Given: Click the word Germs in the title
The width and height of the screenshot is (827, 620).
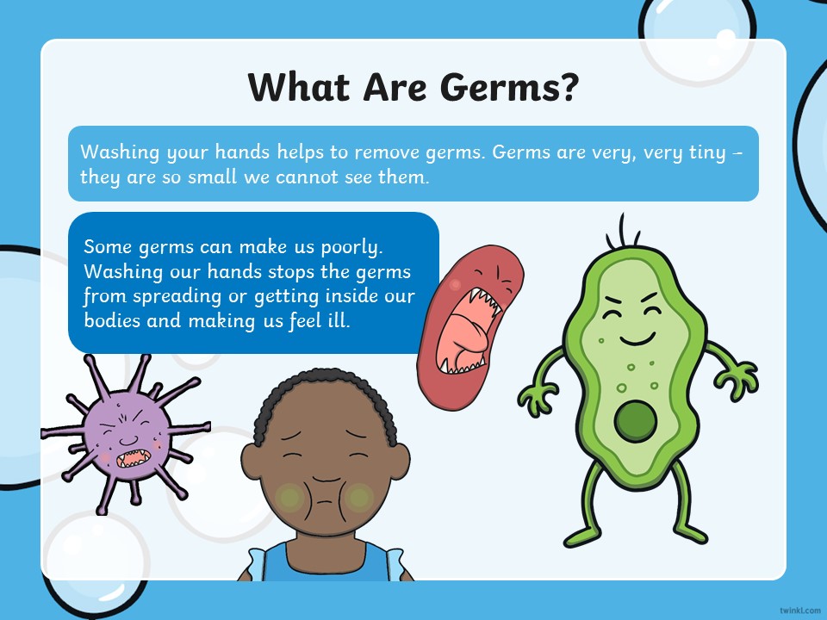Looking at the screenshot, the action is (x=496, y=87).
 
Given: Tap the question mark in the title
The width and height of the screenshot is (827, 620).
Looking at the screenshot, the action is (x=567, y=86).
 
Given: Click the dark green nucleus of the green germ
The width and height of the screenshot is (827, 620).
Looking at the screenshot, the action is (x=636, y=421).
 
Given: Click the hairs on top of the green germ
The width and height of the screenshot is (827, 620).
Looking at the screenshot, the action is (x=623, y=232).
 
